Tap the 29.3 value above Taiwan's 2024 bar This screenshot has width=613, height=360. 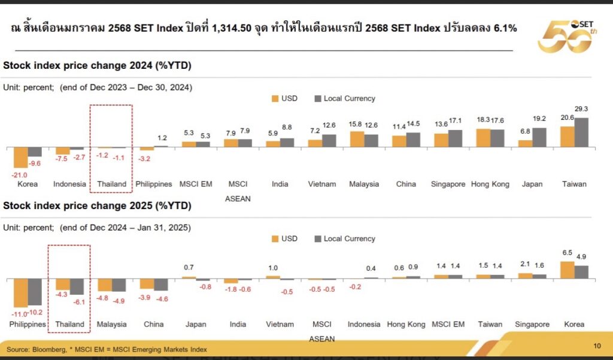pos(581,109)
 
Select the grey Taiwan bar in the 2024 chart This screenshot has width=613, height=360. pos(581,132)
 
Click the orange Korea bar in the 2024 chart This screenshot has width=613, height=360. pos(20,157)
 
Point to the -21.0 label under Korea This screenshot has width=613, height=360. pos(21,174)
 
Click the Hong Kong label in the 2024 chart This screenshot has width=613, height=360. pos(490,184)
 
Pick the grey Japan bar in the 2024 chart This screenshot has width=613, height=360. pos(539,137)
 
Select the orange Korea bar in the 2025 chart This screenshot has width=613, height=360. pos(567,270)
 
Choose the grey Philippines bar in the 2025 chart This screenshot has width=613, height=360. pos(34,292)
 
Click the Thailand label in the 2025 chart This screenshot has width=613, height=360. pos(69,324)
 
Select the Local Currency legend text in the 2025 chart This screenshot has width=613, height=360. pos(350,238)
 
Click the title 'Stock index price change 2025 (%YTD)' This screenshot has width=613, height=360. pos(98,206)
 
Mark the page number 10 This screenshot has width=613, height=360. pos(596,346)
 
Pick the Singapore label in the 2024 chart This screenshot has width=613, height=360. pos(448,184)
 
